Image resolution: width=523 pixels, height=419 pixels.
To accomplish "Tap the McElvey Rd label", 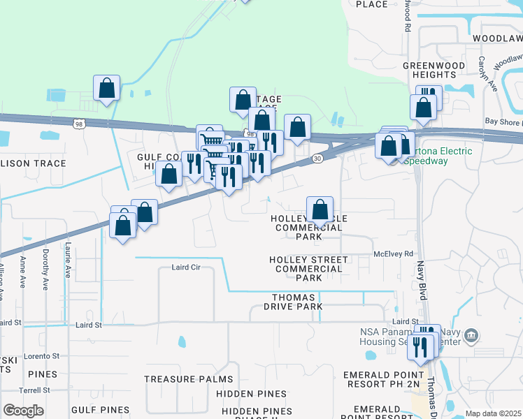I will pos(394,254).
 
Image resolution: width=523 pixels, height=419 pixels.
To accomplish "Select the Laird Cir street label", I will pos(186,267).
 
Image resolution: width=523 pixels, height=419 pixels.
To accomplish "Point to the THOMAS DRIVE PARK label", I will pos(298,302).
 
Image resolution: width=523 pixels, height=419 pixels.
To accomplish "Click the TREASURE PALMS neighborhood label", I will pos(189,379).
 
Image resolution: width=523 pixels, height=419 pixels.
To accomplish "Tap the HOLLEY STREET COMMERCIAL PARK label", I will pos(309,269).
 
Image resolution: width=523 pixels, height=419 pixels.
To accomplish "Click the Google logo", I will pos(24,411).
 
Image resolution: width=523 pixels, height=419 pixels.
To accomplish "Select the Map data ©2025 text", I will pos(493,413).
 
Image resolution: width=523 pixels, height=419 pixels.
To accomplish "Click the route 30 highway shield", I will pos(317,159).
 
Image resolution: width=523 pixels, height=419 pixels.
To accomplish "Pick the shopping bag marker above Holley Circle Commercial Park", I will pos(320,208).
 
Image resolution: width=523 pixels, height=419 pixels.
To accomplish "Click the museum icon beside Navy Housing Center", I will pos(472,336).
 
